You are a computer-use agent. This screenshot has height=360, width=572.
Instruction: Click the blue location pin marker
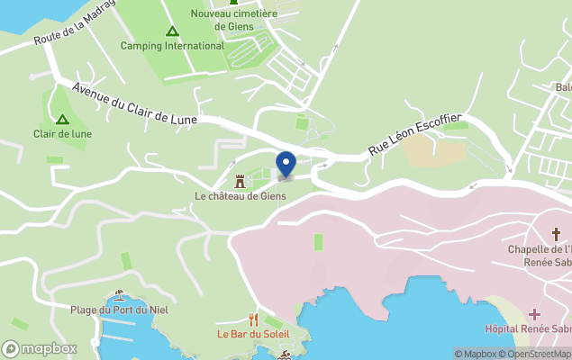(x=286, y=165)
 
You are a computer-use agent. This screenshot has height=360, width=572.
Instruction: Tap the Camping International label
(x=172, y=46)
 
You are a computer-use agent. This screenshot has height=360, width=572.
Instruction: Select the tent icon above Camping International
(x=172, y=31)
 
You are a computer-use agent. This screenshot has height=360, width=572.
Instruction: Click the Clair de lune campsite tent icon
(x=62, y=119)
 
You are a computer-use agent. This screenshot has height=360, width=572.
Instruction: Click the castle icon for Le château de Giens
(x=240, y=181)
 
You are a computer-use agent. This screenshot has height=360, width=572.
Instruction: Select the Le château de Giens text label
(x=241, y=195)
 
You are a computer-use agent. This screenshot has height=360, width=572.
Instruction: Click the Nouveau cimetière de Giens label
(x=233, y=19)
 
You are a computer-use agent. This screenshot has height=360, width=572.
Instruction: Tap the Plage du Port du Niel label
(x=119, y=310)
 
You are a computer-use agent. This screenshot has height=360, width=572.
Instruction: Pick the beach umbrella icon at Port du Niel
(x=119, y=295)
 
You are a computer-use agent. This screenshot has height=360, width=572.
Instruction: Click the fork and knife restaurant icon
(x=253, y=319)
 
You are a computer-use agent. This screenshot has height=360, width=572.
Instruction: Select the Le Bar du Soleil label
(x=253, y=334)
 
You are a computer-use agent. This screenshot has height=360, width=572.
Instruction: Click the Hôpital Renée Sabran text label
(x=528, y=329)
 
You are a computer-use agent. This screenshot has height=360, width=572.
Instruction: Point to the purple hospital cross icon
(x=535, y=314)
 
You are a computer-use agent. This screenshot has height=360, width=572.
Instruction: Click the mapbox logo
(x=40, y=348)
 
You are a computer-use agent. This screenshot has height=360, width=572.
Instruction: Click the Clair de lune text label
(x=62, y=134)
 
